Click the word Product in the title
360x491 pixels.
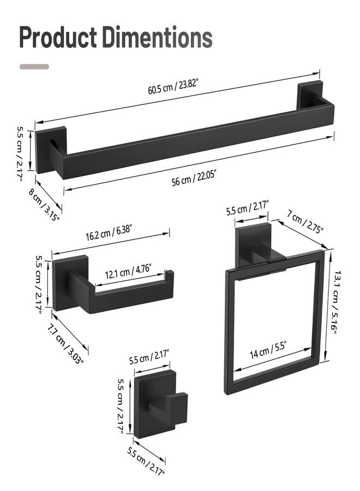click(58, 37)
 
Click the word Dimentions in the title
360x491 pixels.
click(157, 37)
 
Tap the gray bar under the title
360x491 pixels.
click(34, 67)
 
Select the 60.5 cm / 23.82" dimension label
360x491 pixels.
click(173, 87)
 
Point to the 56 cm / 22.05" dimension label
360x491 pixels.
click(194, 178)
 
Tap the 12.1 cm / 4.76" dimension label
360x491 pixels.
click(128, 272)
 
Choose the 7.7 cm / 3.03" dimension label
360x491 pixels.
click(65, 344)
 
